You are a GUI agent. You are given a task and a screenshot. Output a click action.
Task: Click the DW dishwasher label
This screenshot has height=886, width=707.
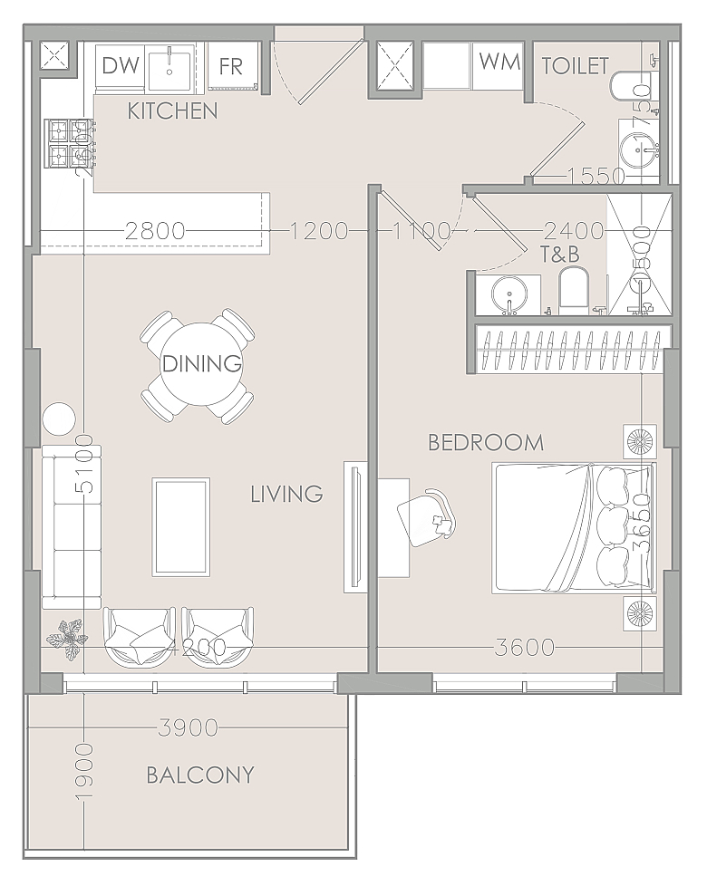[120, 65]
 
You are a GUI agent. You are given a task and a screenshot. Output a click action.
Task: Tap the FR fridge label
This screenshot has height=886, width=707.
[230, 65]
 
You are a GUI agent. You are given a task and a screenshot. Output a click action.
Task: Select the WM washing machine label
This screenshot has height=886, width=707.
[499, 62]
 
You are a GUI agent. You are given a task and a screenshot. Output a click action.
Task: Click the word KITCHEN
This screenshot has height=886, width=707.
[172, 111]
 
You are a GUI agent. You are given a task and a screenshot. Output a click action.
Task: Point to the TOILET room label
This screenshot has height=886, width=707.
[575, 65]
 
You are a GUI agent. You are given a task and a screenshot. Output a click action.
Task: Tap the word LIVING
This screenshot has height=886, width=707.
[286, 494]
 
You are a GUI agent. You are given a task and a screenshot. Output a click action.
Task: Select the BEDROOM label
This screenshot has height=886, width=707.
[486, 442]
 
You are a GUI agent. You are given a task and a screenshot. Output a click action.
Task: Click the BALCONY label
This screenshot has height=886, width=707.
[200, 775]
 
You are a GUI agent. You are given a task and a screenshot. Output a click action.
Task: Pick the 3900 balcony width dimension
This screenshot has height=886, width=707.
[188, 727]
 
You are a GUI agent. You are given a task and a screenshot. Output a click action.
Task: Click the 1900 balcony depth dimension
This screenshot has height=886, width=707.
[84, 770]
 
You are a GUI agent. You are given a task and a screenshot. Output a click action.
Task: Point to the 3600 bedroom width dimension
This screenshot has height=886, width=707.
[525, 648]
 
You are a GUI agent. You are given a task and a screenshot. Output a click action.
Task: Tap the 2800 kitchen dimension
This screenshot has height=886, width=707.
[155, 231]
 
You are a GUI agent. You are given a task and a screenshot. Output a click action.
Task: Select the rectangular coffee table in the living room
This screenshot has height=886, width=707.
[181, 526]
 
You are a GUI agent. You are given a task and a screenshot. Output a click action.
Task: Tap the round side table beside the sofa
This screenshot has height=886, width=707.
[60, 419]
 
